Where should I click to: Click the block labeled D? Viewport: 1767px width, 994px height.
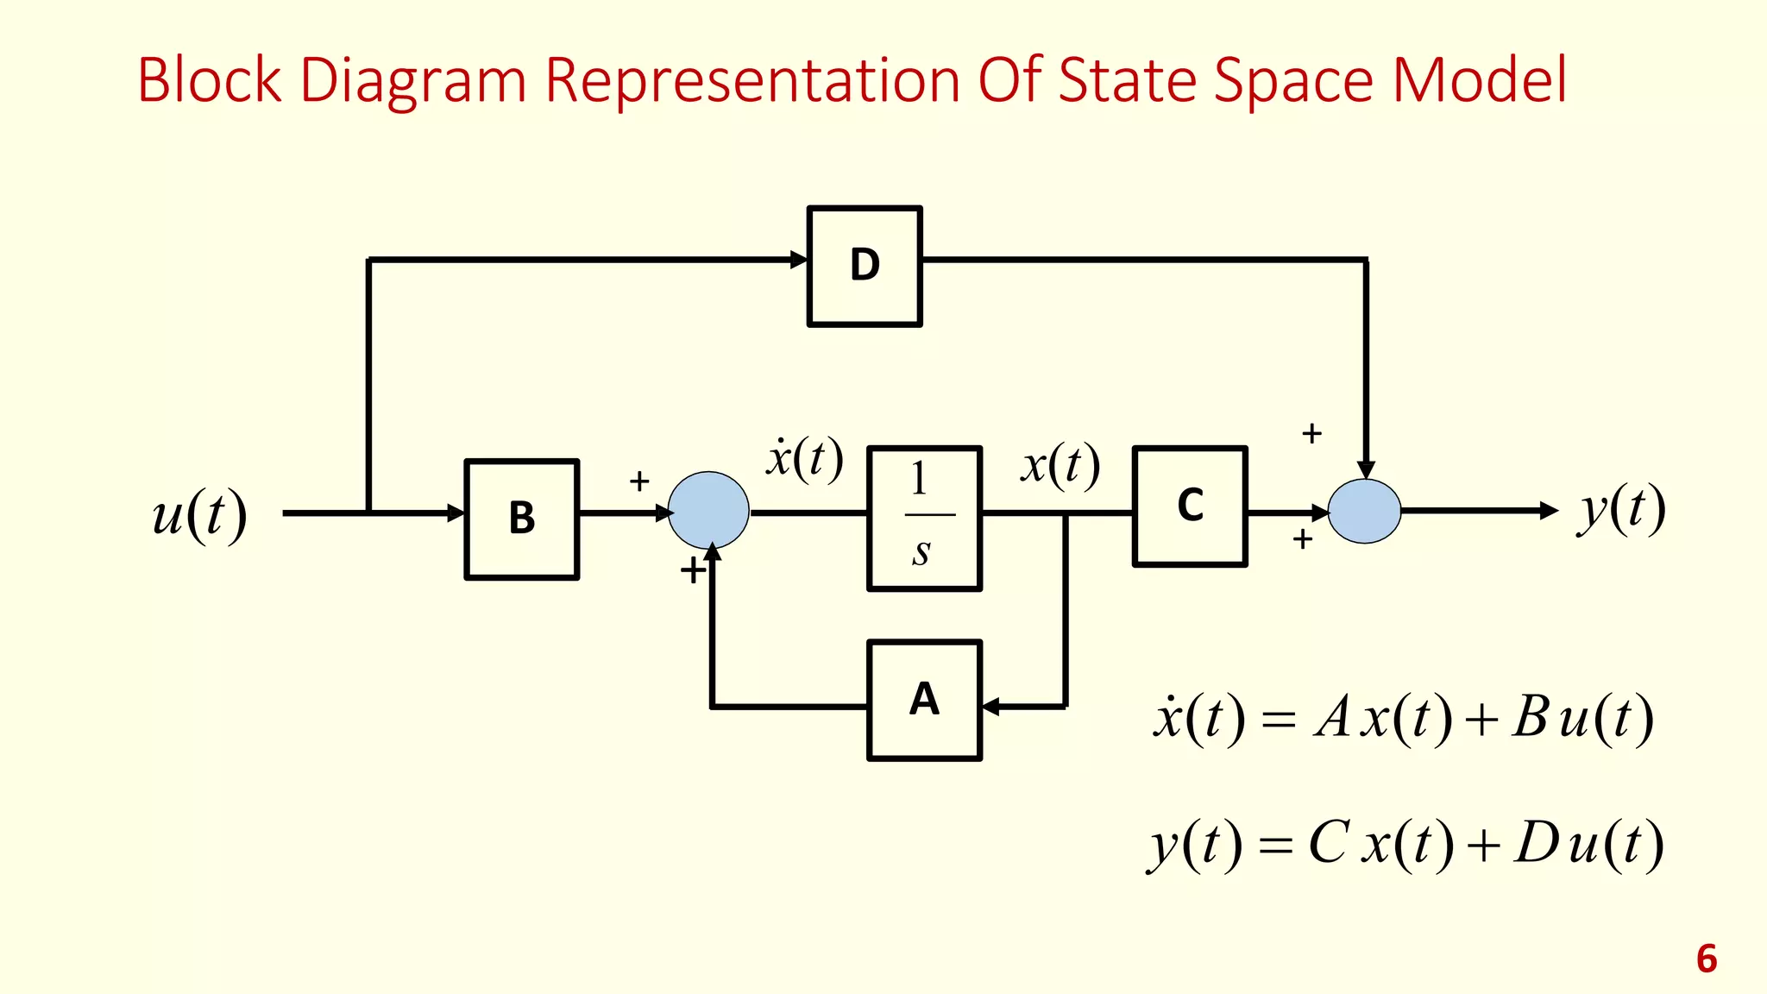865,266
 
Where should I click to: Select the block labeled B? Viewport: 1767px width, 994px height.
522,519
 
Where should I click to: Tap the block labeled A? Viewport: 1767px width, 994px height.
924,700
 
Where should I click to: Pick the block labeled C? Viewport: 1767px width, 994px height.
1190,506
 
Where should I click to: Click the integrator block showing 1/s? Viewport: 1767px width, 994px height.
924,518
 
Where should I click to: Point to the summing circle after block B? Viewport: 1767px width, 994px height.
708,511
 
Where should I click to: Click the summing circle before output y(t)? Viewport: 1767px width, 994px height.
1364,511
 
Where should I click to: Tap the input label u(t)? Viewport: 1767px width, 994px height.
199,515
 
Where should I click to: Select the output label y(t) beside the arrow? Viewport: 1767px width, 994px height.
1621,509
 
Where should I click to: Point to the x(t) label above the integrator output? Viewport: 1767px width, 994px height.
1060,465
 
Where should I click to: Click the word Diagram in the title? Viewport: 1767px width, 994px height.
412,80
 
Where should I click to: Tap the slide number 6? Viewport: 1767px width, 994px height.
1706,959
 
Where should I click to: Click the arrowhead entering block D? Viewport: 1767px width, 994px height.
799,259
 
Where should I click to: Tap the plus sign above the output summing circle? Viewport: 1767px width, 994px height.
1311,433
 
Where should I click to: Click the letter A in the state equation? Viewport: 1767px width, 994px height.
1332,717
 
